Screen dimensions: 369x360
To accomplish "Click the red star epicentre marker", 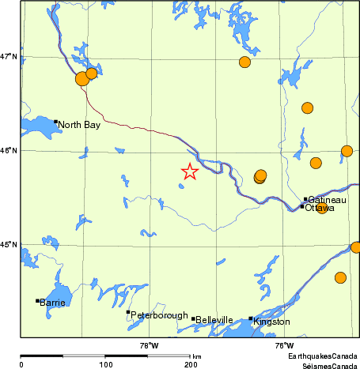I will pos(190,171).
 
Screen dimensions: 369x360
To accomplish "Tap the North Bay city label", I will pos(79,125).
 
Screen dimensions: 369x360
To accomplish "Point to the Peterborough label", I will pos(160,315).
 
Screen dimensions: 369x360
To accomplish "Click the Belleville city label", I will pos(215,320).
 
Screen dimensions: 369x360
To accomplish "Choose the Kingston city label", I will pos(272,322).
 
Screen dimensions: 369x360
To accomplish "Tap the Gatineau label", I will pos(327,200).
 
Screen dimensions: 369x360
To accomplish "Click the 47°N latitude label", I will pos(10,57).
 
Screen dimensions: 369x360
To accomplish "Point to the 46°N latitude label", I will pos(10,150).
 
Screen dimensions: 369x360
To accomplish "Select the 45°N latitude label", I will pos(10,244).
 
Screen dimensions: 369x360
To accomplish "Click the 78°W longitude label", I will pos(149,345).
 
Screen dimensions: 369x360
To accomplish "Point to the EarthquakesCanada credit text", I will pos(323,357).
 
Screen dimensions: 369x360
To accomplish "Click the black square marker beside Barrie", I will pos(37,300).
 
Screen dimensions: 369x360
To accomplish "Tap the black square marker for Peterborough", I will pos(128,312).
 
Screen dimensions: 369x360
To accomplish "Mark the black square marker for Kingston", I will pos(251,318).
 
